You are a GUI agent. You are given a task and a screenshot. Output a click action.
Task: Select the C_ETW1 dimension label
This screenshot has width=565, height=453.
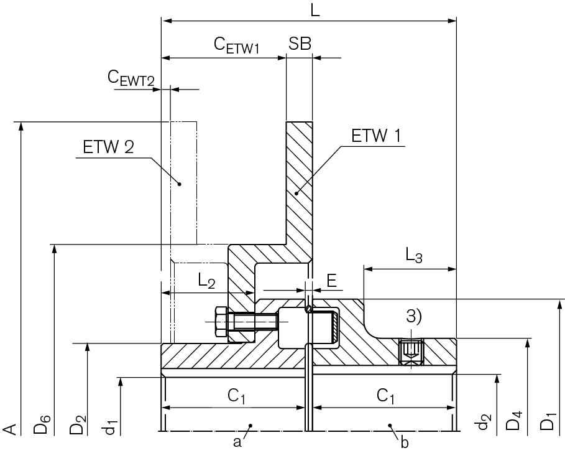(x=236, y=44)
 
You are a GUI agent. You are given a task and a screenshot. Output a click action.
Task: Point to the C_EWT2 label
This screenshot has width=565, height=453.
(x=131, y=77)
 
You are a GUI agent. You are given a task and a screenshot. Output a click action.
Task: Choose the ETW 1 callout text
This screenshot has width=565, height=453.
(x=375, y=136)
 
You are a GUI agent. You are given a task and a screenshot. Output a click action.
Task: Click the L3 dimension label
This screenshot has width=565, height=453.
(x=414, y=255)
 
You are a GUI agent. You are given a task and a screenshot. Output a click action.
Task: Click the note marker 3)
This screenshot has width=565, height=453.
(x=413, y=315)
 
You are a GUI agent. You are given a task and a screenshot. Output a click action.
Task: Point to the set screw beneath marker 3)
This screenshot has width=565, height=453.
(x=410, y=352)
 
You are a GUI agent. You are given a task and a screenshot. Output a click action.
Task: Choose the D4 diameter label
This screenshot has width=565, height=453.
(x=514, y=424)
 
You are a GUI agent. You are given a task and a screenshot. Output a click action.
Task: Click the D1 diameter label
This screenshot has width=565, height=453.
(x=548, y=424)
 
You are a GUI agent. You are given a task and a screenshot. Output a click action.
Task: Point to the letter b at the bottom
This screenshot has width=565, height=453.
(x=405, y=442)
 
